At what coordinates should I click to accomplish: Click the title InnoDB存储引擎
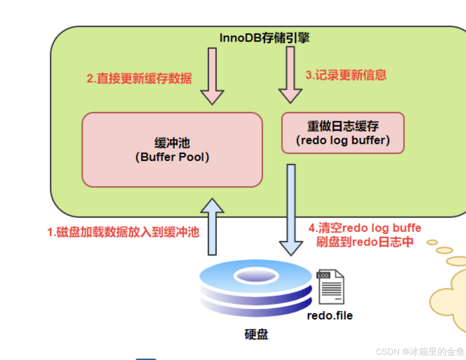(x=264, y=38)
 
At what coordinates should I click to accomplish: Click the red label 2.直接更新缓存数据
(x=139, y=78)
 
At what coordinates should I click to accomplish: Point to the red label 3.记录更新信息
(x=346, y=75)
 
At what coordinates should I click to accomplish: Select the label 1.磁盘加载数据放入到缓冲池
(x=123, y=232)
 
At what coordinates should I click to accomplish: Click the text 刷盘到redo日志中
(x=365, y=242)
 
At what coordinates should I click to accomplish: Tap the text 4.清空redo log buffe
(x=365, y=228)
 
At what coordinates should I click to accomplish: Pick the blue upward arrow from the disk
(x=212, y=227)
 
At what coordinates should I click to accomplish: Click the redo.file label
(x=330, y=316)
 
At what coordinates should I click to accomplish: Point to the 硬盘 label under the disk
(x=256, y=334)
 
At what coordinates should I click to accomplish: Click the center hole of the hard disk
(x=256, y=276)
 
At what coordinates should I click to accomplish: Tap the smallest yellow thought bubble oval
(x=432, y=242)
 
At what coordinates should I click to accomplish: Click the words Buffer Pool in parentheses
(x=172, y=157)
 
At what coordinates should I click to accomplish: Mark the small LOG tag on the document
(x=323, y=275)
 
